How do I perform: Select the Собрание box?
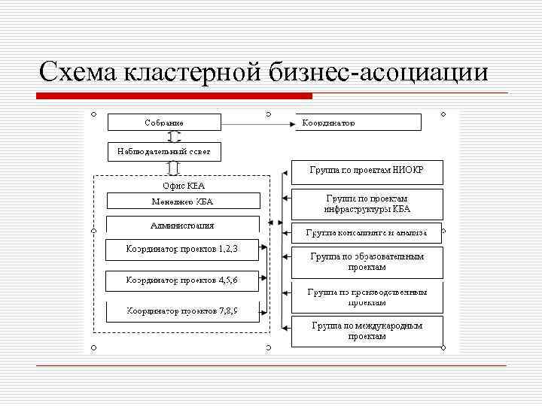tap(164, 122)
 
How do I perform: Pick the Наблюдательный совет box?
tap(164, 151)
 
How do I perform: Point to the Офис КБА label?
tap(184, 185)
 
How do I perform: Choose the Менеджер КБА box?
tap(183, 201)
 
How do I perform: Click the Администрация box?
tap(183, 225)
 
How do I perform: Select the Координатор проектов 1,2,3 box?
tap(183, 250)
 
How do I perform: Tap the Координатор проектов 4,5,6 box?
tap(183, 280)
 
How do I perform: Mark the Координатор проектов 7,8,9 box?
tap(183, 311)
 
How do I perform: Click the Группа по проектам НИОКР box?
tap(367, 171)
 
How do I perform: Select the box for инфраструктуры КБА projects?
tap(367, 204)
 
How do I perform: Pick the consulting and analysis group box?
tap(367, 232)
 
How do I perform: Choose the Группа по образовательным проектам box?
tap(367, 262)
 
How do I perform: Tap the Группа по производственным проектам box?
tap(367, 297)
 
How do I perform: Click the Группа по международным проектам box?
tap(367, 331)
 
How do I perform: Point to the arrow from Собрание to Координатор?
tap(256, 122)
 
